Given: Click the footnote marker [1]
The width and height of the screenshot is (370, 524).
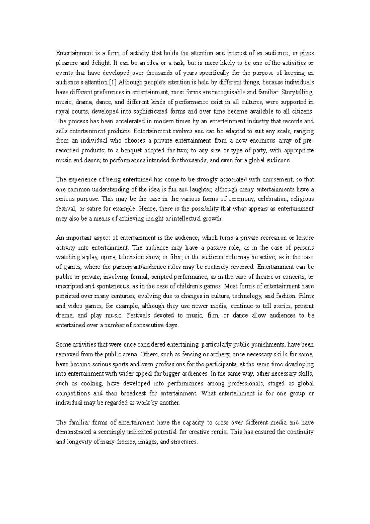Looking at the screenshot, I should click(113, 82).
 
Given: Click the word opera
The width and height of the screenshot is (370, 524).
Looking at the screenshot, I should click(108, 257).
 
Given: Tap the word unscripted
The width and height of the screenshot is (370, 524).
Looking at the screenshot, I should click(68, 286).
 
